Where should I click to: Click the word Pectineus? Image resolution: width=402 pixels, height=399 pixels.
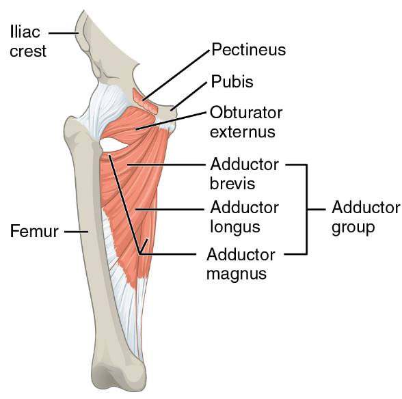click(x=248, y=49)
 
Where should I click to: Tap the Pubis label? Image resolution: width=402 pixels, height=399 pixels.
click(x=232, y=81)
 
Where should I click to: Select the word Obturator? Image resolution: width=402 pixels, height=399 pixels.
click(x=246, y=113)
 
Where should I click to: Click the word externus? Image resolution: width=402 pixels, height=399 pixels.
click(x=243, y=132)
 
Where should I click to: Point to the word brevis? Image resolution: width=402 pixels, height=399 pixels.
click(x=232, y=183)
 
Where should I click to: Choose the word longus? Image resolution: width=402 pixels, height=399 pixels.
click(x=235, y=227)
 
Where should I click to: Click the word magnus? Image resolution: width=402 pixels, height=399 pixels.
click(x=237, y=275)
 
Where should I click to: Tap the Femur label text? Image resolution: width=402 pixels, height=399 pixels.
click(x=34, y=231)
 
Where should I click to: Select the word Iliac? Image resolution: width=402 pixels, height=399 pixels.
click(x=25, y=32)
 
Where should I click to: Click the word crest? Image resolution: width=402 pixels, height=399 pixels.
click(x=28, y=51)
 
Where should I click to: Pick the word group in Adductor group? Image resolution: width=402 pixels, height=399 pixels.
click(x=353, y=228)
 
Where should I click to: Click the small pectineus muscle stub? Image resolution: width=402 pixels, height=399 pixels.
click(x=145, y=101)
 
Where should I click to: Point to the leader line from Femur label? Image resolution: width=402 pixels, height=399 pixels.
click(x=76, y=232)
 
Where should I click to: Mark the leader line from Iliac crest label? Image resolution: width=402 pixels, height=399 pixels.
click(x=64, y=33)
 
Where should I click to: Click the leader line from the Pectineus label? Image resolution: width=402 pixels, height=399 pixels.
click(x=176, y=75)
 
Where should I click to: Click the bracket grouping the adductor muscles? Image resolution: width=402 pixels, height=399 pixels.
click(x=306, y=209)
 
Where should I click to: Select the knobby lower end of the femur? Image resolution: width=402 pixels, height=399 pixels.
click(x=119, y=375)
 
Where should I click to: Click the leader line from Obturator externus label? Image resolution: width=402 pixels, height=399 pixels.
click(x=171, y=121)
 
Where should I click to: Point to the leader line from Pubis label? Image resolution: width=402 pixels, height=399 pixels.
click(x=189, y=96)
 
